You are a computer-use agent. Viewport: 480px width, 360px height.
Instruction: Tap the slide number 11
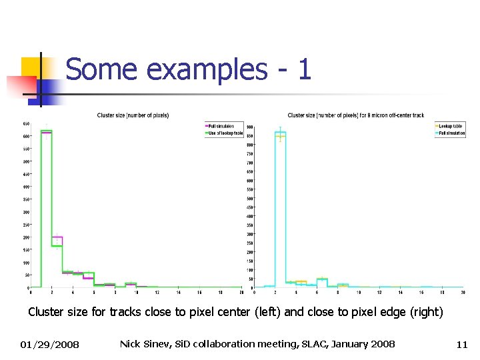[462, 344]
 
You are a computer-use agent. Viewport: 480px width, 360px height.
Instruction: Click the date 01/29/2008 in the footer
[49, 344]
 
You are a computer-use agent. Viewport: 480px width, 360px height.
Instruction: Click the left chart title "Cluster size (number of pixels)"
[133, 115]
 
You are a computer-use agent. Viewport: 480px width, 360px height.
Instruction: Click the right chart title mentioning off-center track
[355, 115]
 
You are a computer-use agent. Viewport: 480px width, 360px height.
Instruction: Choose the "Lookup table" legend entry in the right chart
[451, 125]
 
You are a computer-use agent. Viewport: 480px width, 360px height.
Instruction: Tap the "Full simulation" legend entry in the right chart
[451, 133]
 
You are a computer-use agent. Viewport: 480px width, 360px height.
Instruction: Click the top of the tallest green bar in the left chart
[47, 130]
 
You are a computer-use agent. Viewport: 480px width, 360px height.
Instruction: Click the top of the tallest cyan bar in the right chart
[280, 131]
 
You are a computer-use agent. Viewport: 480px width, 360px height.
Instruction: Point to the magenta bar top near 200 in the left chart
[57, 237]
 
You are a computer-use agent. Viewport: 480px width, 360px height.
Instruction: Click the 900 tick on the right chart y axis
[249, 127]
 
